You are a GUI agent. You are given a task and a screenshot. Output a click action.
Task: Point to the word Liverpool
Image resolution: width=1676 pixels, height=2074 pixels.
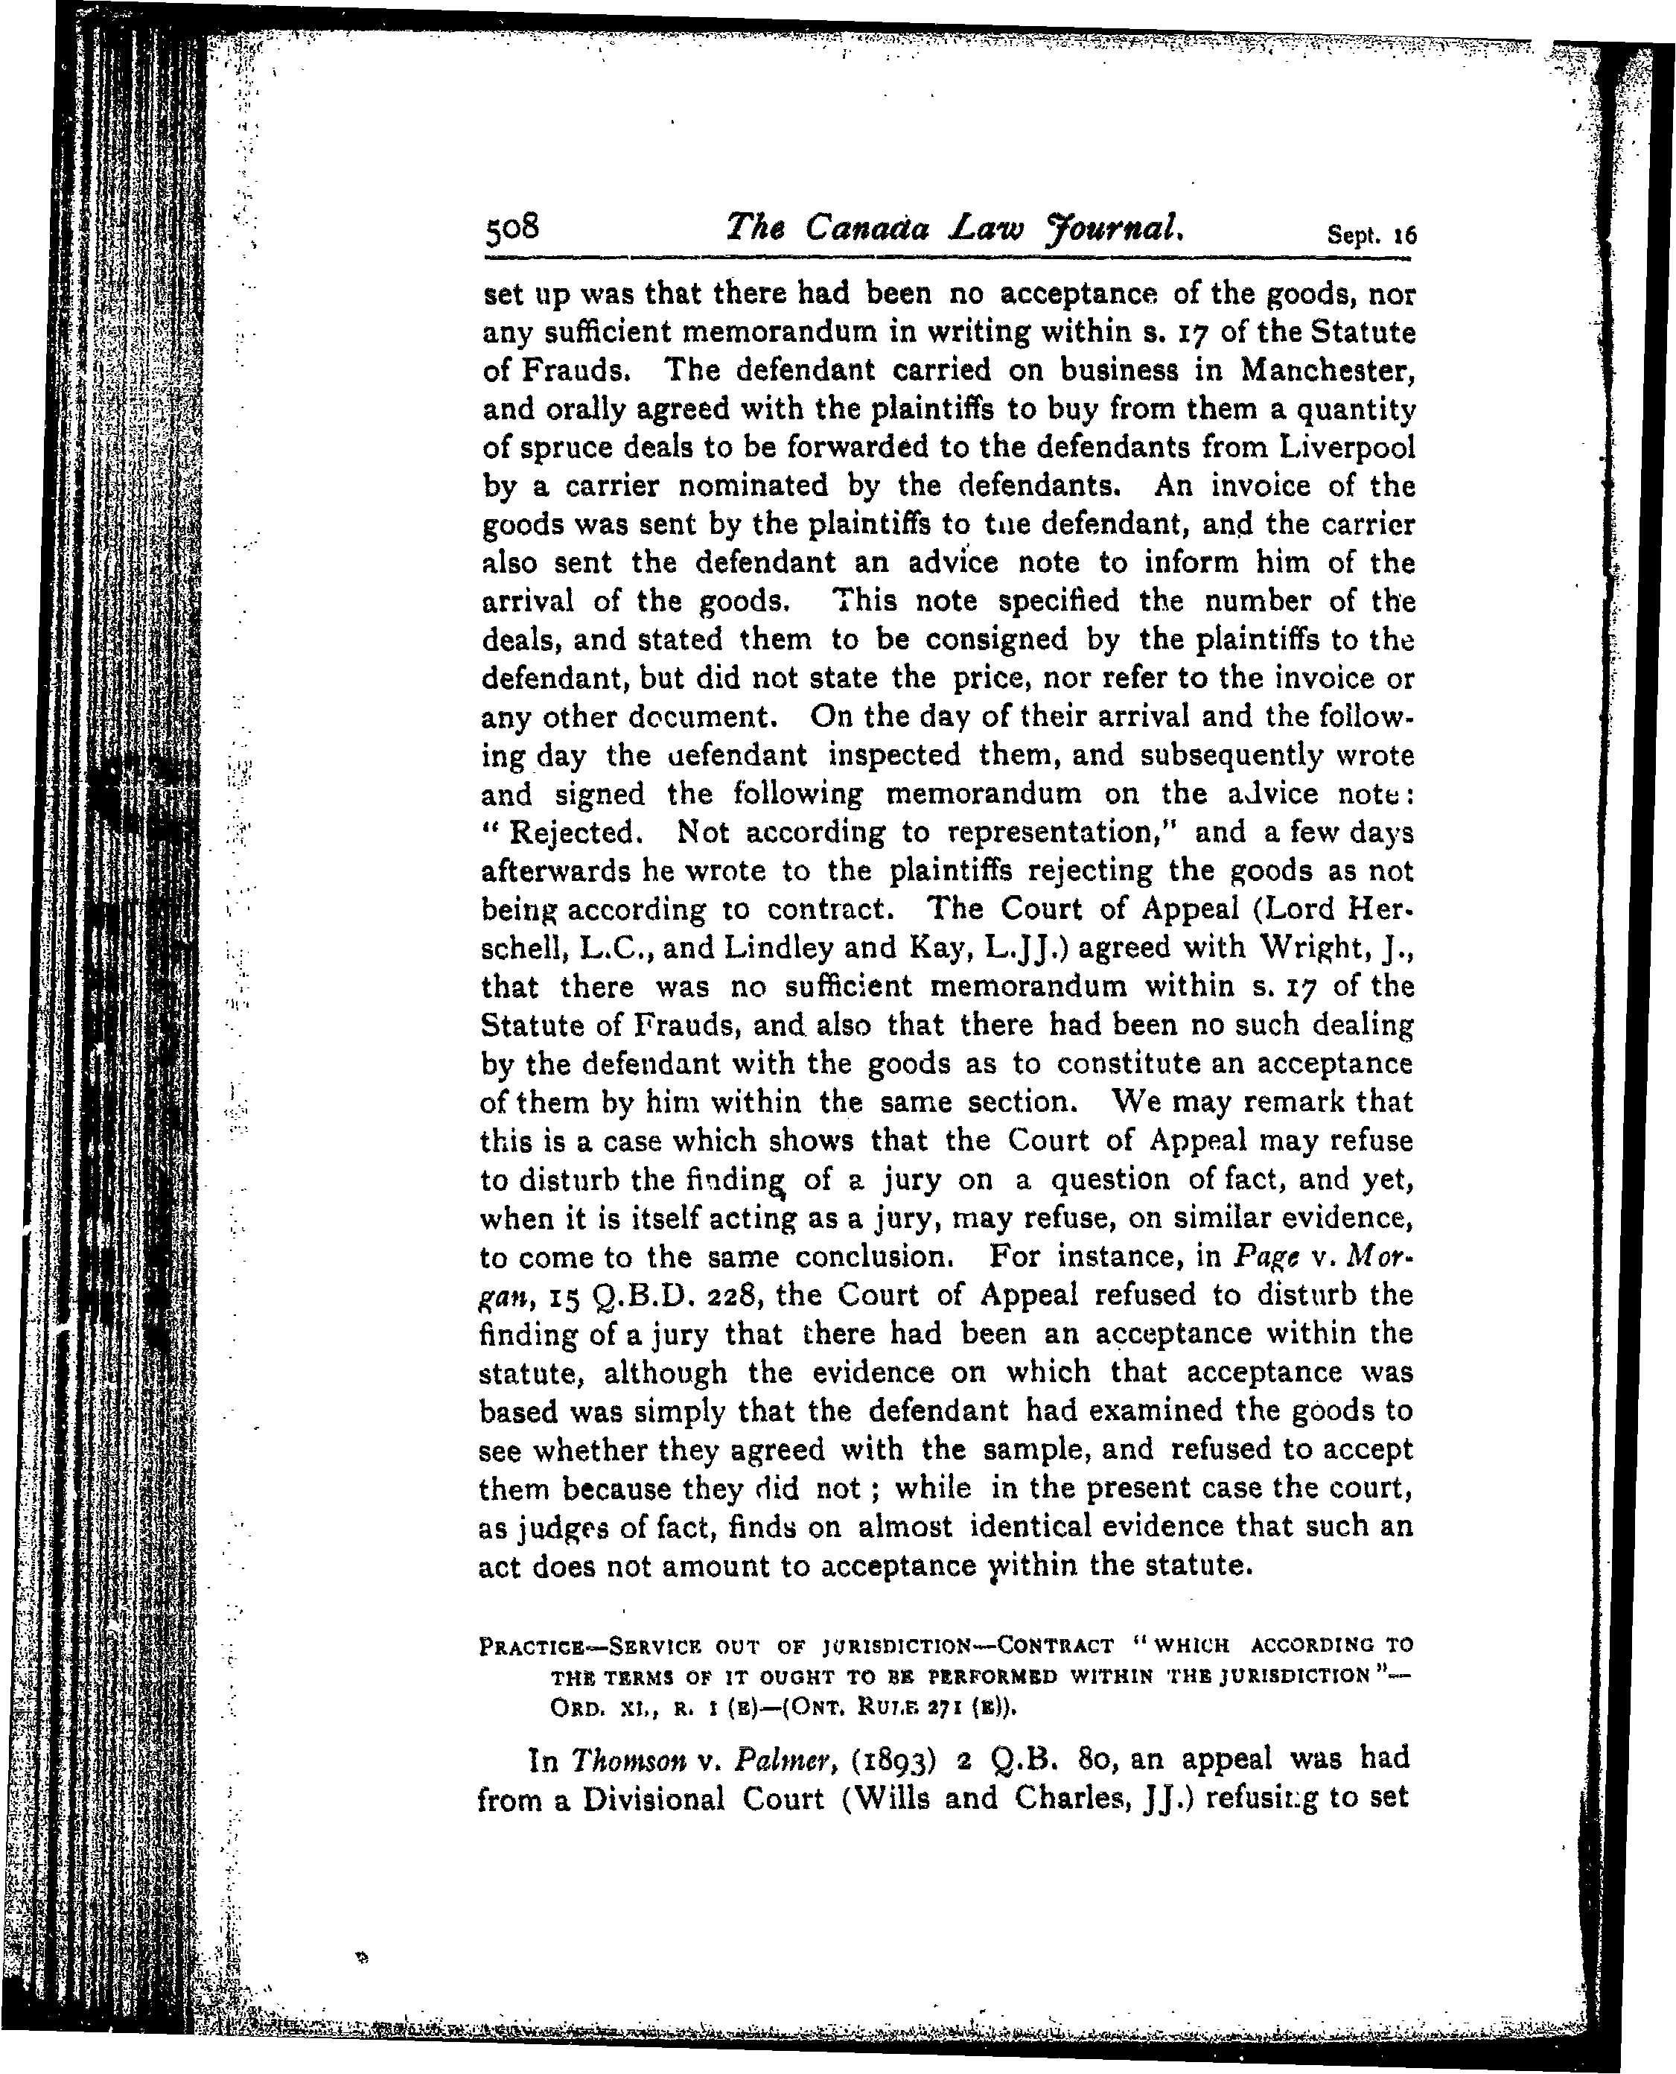(1347, 447)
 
